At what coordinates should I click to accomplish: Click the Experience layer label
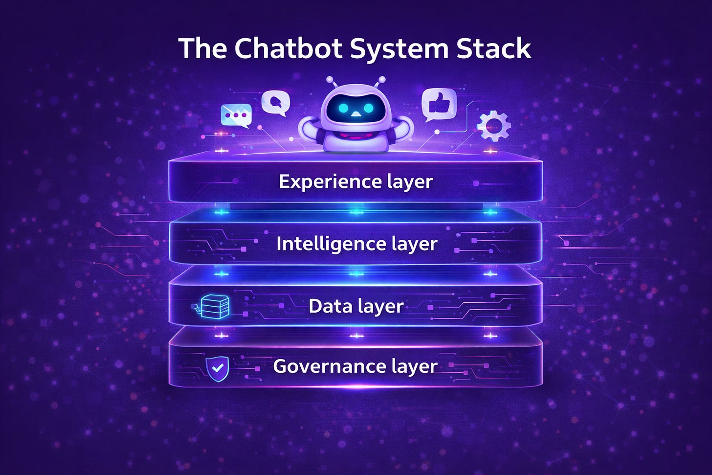click(x=356, y=181)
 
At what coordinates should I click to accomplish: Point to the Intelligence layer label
click(x=356, y=244)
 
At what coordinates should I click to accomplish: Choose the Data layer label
click(x=356, y=306)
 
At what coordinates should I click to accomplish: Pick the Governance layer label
click(x=355, y=366)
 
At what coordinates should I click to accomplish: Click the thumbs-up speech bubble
click(x=439, y=104)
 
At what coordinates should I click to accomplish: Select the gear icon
click(x=494, y=126)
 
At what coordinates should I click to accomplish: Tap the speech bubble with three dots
click(x=236, y=116)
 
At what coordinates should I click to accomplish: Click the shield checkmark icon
click(x=217, y=368)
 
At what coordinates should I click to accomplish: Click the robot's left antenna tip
click(x=330, y=79)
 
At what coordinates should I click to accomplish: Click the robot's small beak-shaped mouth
click(x=356, y=115)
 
